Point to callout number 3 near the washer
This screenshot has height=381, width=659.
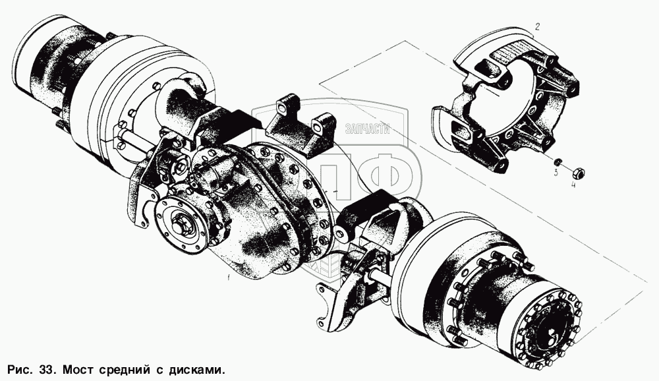point(556,172)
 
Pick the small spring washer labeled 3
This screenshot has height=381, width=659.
point(558,162)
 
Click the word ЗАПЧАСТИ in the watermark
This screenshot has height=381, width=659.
point(367,129)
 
